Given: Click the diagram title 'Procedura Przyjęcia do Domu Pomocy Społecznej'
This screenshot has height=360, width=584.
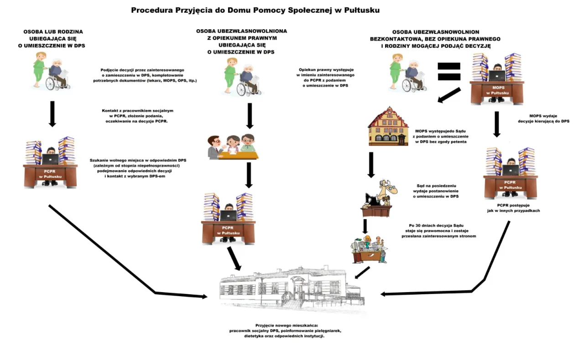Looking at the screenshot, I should coord(255,10).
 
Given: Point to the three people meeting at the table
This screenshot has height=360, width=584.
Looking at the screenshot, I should coord(233,146).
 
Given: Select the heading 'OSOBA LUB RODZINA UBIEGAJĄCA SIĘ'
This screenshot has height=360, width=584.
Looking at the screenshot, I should coord(54,39).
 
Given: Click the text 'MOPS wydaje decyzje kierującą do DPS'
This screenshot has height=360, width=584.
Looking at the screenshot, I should coord(543,119).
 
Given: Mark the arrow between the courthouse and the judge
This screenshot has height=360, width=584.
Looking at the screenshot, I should coord(371,164).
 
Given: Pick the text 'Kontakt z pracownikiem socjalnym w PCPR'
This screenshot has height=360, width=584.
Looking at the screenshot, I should coord(138,116).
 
